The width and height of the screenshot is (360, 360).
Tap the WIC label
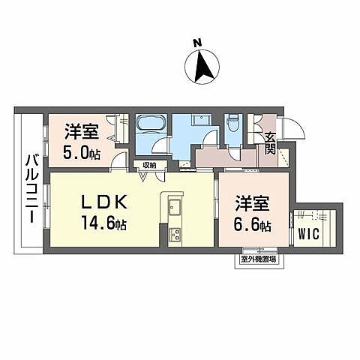click(309, 233)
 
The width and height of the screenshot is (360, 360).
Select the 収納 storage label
click(146, 165)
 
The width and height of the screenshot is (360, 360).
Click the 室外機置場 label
click(257, 259)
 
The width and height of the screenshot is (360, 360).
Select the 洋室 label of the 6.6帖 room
click(250, 203)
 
